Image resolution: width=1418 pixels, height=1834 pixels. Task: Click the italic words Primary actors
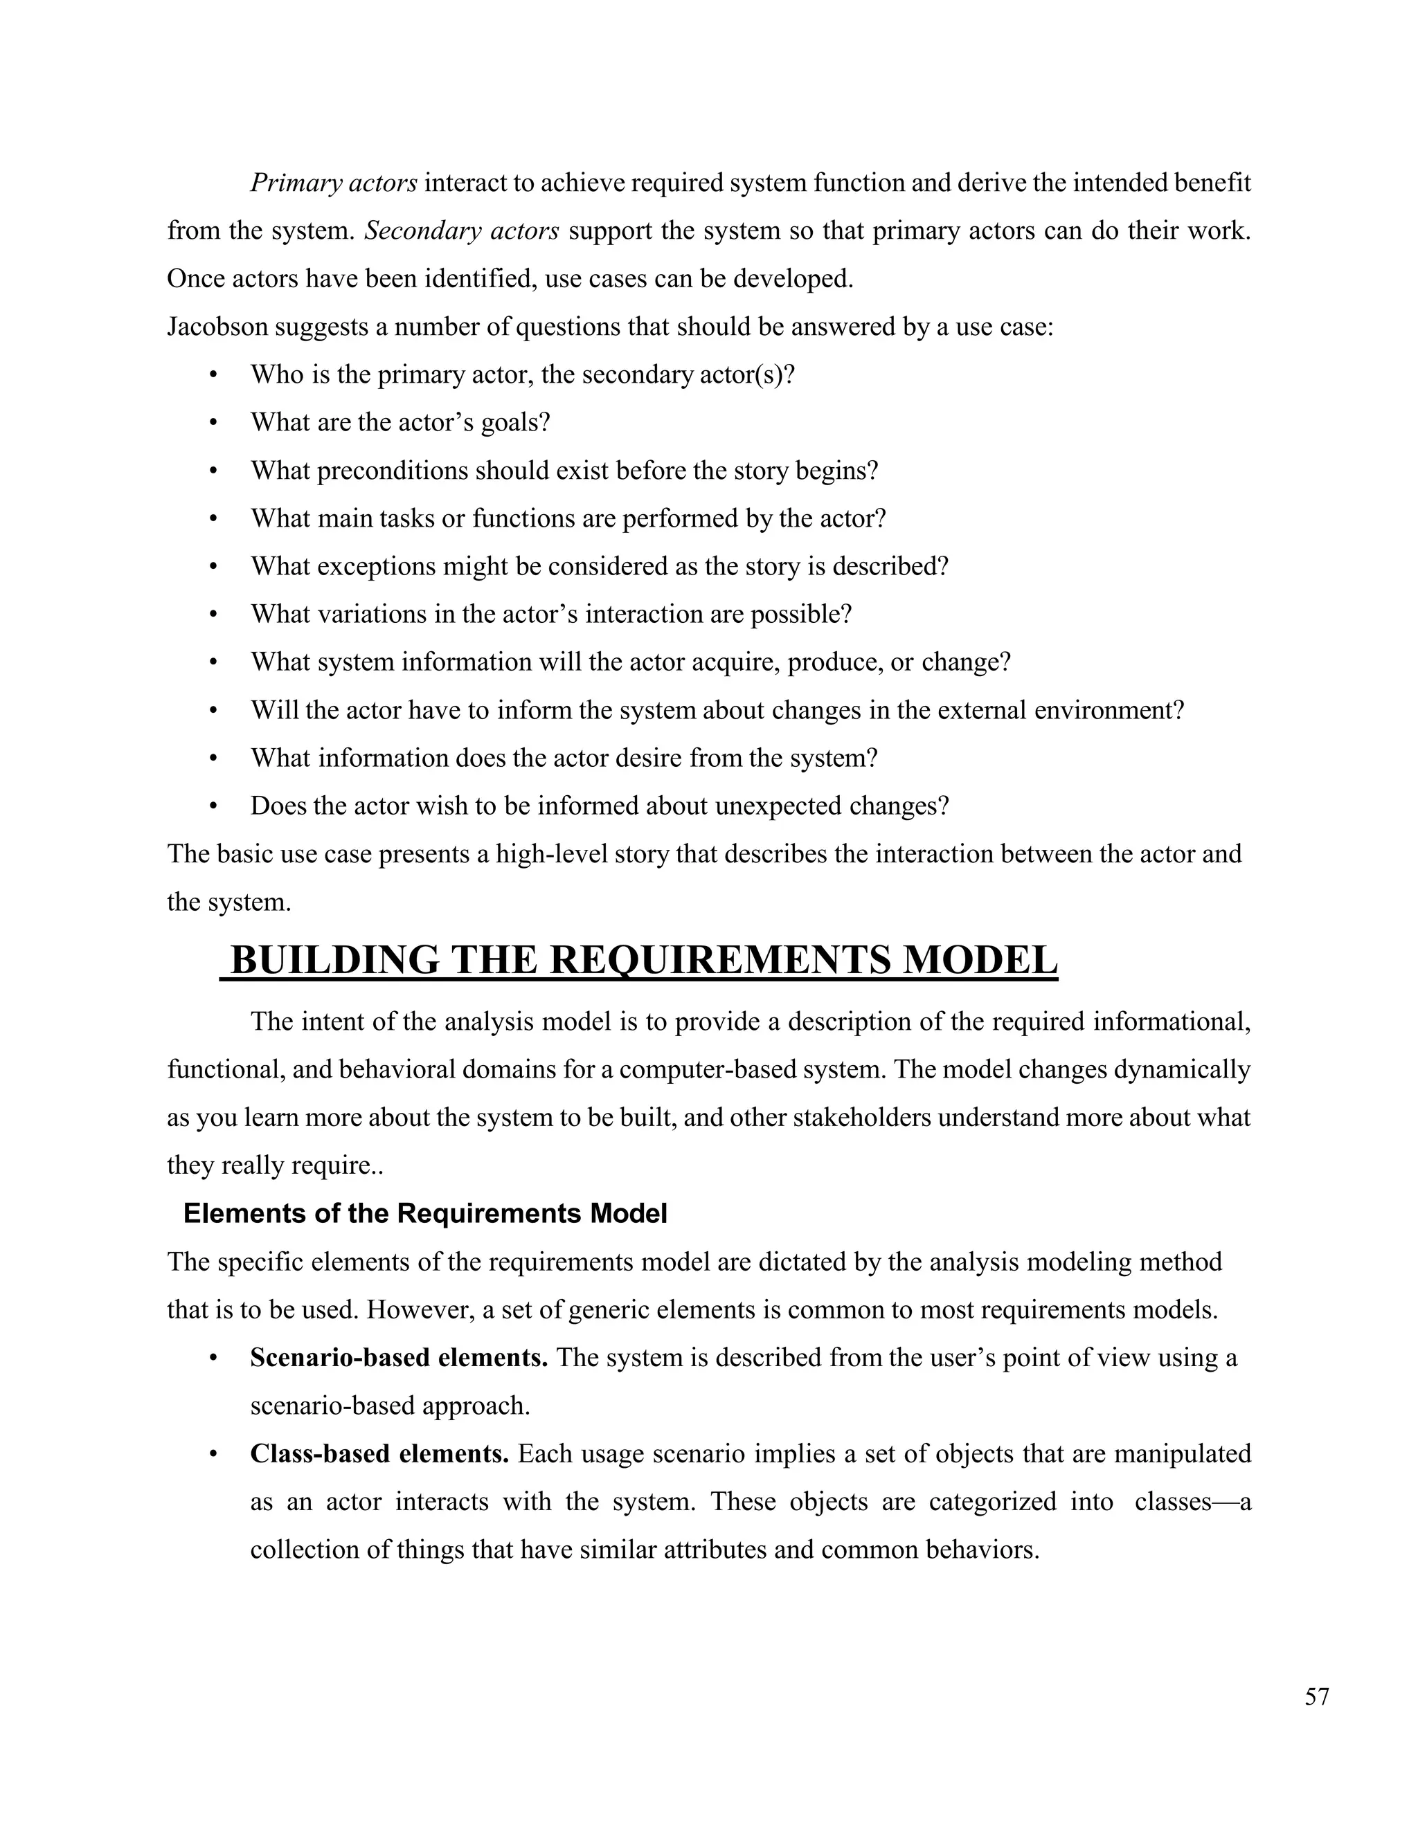point(334,183)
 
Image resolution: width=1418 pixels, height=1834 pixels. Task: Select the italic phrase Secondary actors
point(461,231)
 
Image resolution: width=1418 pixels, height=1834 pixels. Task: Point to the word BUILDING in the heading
point(334,960)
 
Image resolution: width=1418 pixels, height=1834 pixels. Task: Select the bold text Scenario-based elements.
point(399,1358)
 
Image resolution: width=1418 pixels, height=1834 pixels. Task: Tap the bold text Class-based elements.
point(379,1453)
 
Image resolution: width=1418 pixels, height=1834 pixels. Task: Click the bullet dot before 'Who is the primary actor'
point(213,375)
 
